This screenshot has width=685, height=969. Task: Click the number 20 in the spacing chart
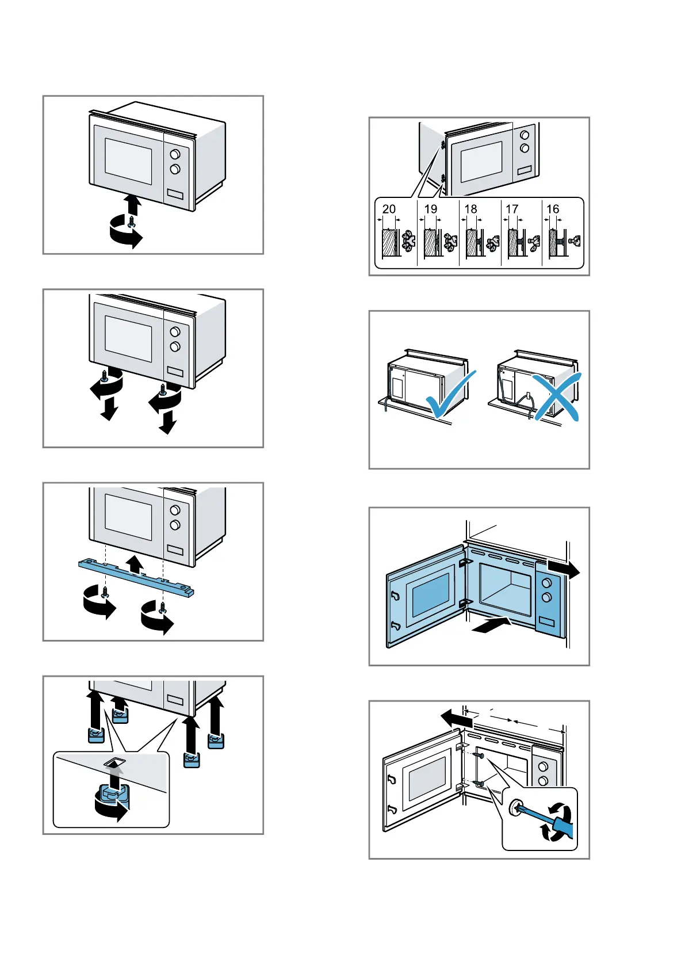tap(389, 209)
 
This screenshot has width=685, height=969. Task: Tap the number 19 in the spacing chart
tap(431, 209)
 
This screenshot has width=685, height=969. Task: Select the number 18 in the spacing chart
tap(471, 209)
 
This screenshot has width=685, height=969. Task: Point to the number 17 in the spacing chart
tap(512, 209)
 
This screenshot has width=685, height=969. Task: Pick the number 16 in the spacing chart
tap(553, 209)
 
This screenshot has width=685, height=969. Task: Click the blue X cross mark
tap(557, 397)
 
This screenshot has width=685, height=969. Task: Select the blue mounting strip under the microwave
tap(136, 578)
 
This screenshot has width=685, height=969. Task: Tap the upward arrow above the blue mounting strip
tap(135, 564)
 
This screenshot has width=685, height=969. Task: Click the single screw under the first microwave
tap(132, 221)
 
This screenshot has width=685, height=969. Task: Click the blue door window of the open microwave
tap(431, 596)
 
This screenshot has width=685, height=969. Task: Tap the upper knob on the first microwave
tap(175, 154)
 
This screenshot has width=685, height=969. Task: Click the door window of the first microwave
tap(128, 162)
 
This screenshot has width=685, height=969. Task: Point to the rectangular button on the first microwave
tap(175, 194)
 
